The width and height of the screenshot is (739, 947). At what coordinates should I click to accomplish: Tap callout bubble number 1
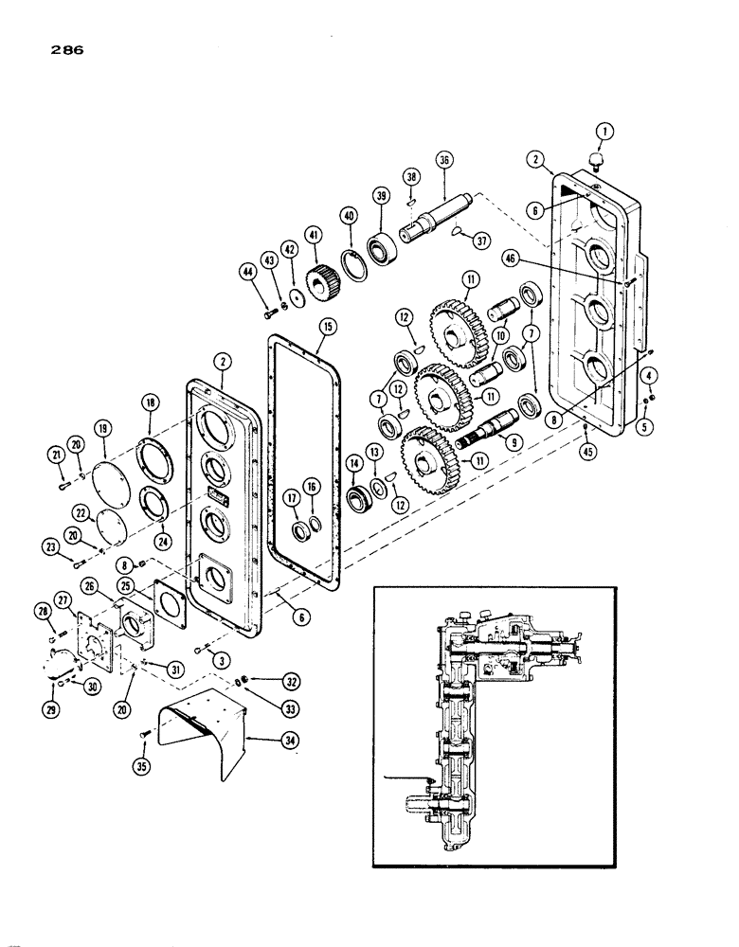tap(604, 131)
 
